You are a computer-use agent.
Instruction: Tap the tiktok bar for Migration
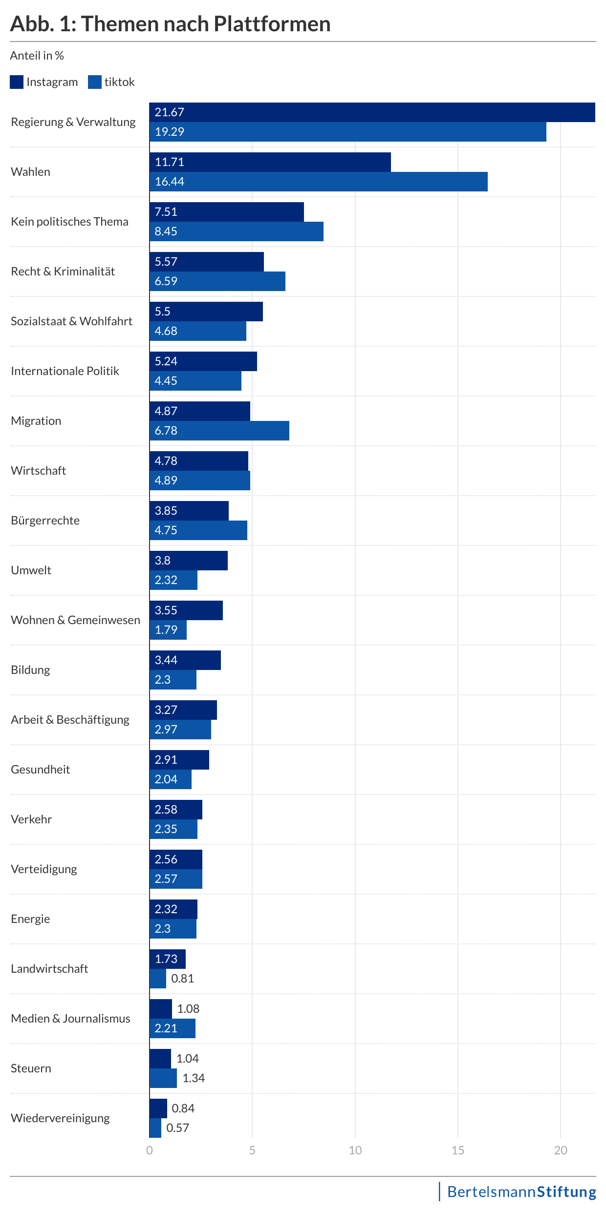coord(219,431)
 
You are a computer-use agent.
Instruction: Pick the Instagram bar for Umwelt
coord(188,561)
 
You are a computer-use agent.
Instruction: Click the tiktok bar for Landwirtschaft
coord(158,979)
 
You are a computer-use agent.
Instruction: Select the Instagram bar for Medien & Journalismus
coord(160,1009)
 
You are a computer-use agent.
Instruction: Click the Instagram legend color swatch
coord(17,82)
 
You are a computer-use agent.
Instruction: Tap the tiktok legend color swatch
coord(95,82)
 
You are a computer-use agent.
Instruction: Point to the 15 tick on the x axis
coord(458,1150)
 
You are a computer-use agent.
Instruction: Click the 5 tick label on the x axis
coord(252,1150)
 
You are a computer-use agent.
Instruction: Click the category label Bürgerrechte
coord(45,521)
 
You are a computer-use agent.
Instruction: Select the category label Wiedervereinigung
coord(60,1118)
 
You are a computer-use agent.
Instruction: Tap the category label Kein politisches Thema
coord(69,222)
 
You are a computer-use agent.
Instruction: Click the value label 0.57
coord(177,1128)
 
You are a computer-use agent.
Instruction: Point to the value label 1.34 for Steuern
coord(194,1078)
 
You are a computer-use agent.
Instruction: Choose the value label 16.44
coord(169,182)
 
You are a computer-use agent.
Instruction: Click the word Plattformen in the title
coord(272,23)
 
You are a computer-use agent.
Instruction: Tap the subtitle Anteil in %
coord(37,56)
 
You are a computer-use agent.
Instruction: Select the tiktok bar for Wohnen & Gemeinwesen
coord(168,630)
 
